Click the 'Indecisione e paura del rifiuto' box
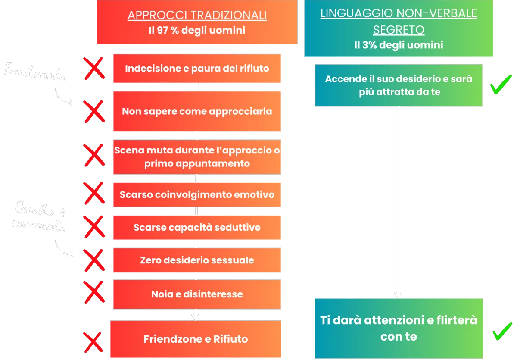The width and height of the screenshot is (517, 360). (x=197, y=69)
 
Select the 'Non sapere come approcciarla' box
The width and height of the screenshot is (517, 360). (x=197, y=111)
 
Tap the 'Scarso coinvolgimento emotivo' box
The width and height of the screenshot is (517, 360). (x=197, y=194)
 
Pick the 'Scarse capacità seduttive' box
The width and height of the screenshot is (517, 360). (x=197, y=227)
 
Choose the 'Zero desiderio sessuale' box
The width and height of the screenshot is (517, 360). (x=197, y=260)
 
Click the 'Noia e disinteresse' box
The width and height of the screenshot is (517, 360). (x=197, y=294)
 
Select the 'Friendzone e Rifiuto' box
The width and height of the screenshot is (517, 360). (x=196, y=339)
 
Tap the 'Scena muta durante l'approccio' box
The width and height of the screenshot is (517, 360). (x=197, y=157)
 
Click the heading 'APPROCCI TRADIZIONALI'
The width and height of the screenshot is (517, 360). (x=197, y=16)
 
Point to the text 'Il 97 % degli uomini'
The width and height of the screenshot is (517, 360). (x=197, y=30)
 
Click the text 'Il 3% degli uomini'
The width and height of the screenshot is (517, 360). (x=399, y=45)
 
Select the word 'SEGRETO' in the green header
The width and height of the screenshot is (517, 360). (x=399, y=30)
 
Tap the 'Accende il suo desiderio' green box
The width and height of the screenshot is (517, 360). (x=399, y=85)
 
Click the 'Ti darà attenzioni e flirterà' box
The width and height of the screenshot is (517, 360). (x=399, y=328)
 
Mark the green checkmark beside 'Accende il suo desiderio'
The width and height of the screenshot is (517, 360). (x=501, y=84)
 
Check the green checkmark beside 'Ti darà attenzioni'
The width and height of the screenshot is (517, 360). (x=502, y=331)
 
